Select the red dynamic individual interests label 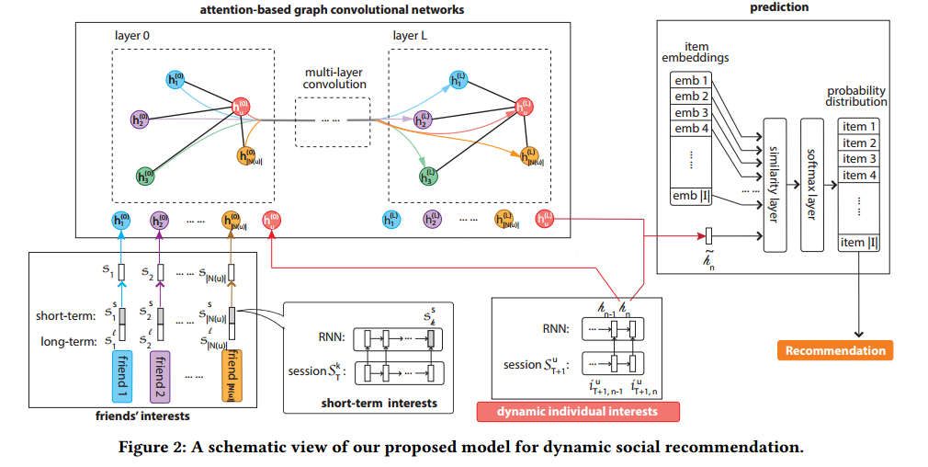point(579,410)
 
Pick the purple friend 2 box point(161,375)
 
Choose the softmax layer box point(811,185)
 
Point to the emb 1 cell point(692,80)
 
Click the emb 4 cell point(692,130)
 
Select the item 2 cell point(859,143)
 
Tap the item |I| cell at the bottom point(859,242)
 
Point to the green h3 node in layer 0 point(143,174)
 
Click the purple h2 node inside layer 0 point(139,119)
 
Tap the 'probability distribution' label point(856,97)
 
